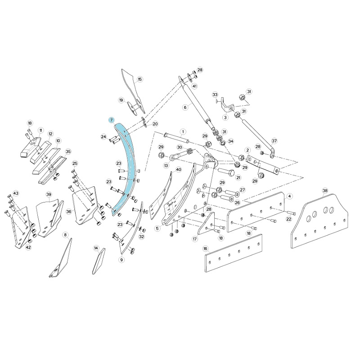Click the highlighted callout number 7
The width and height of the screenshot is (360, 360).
click(112, 120)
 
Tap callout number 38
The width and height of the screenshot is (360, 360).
click(325, 191)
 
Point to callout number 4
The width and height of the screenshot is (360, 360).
click(289, 196)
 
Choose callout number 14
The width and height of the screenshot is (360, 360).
click(96, 248)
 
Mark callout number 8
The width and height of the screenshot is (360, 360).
click(65, 235)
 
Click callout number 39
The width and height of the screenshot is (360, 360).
click(49, 195)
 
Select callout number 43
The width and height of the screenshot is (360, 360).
click(15, 193)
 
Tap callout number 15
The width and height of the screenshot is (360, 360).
click(140, 80)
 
